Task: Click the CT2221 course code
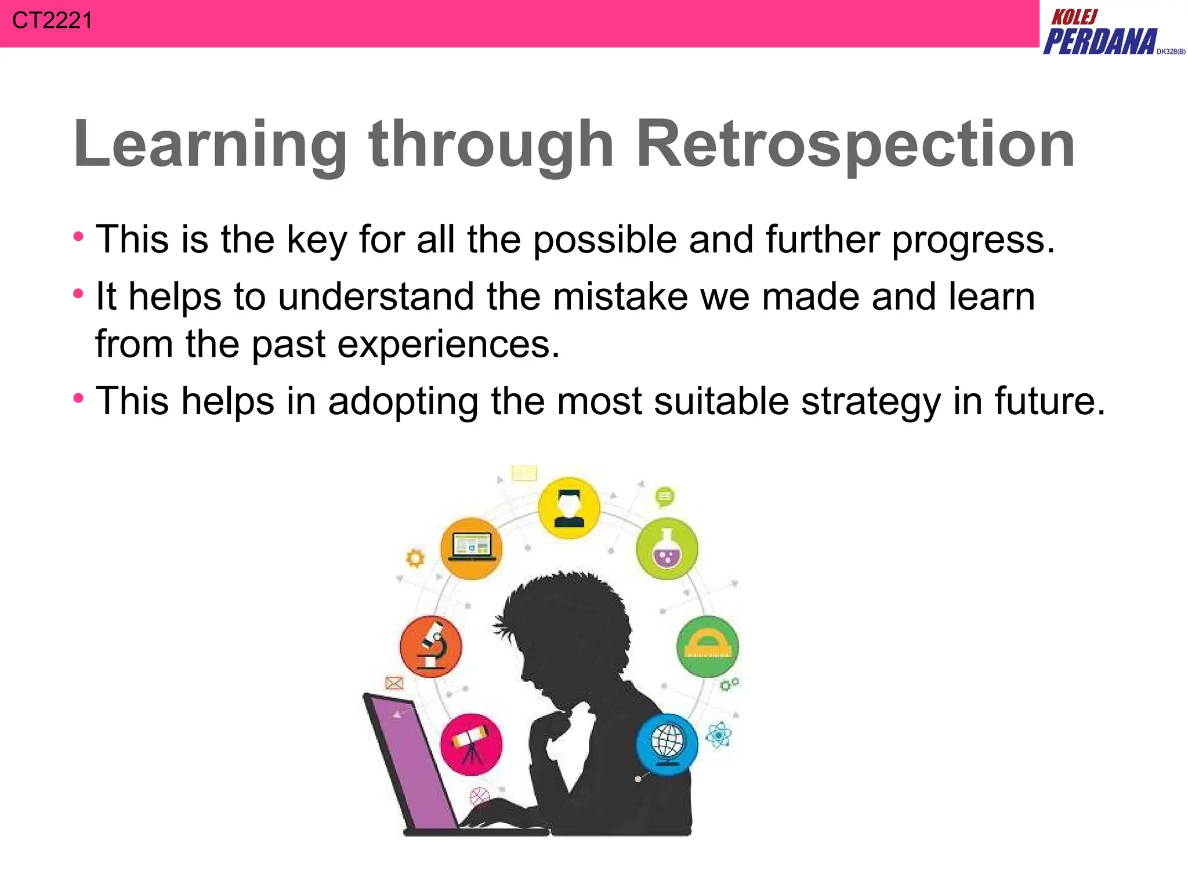[52, 21]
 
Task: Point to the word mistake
[620, 296]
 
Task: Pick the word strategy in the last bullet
[871, 402]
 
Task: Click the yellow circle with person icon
[568, 509]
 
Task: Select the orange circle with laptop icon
[471, 548]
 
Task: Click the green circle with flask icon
[667, 549]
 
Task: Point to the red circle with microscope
[431, 646]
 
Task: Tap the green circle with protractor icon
[707, 646]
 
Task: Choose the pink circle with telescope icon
[471, 744]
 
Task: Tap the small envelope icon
[394, 683]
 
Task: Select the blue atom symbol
[718, 736]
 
